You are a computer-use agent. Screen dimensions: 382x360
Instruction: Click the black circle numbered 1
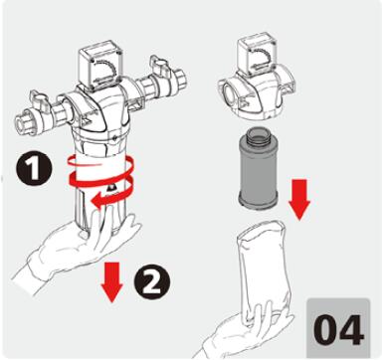[34, 170]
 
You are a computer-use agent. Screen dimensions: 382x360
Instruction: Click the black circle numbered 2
[152, 282]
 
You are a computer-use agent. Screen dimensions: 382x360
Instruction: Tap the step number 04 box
[338, 327]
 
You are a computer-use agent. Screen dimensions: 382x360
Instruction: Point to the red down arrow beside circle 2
[111, 281]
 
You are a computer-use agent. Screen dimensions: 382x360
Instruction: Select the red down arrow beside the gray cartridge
[299, 200]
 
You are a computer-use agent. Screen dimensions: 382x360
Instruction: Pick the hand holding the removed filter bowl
[246, 335]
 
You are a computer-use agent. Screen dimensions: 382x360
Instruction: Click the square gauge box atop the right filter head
[256, 54]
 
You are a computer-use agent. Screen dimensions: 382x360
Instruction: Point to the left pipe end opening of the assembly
[22, 124]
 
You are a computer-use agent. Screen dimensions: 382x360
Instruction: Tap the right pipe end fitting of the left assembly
[180, 80]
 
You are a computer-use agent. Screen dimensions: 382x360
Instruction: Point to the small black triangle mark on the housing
[112, 188]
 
